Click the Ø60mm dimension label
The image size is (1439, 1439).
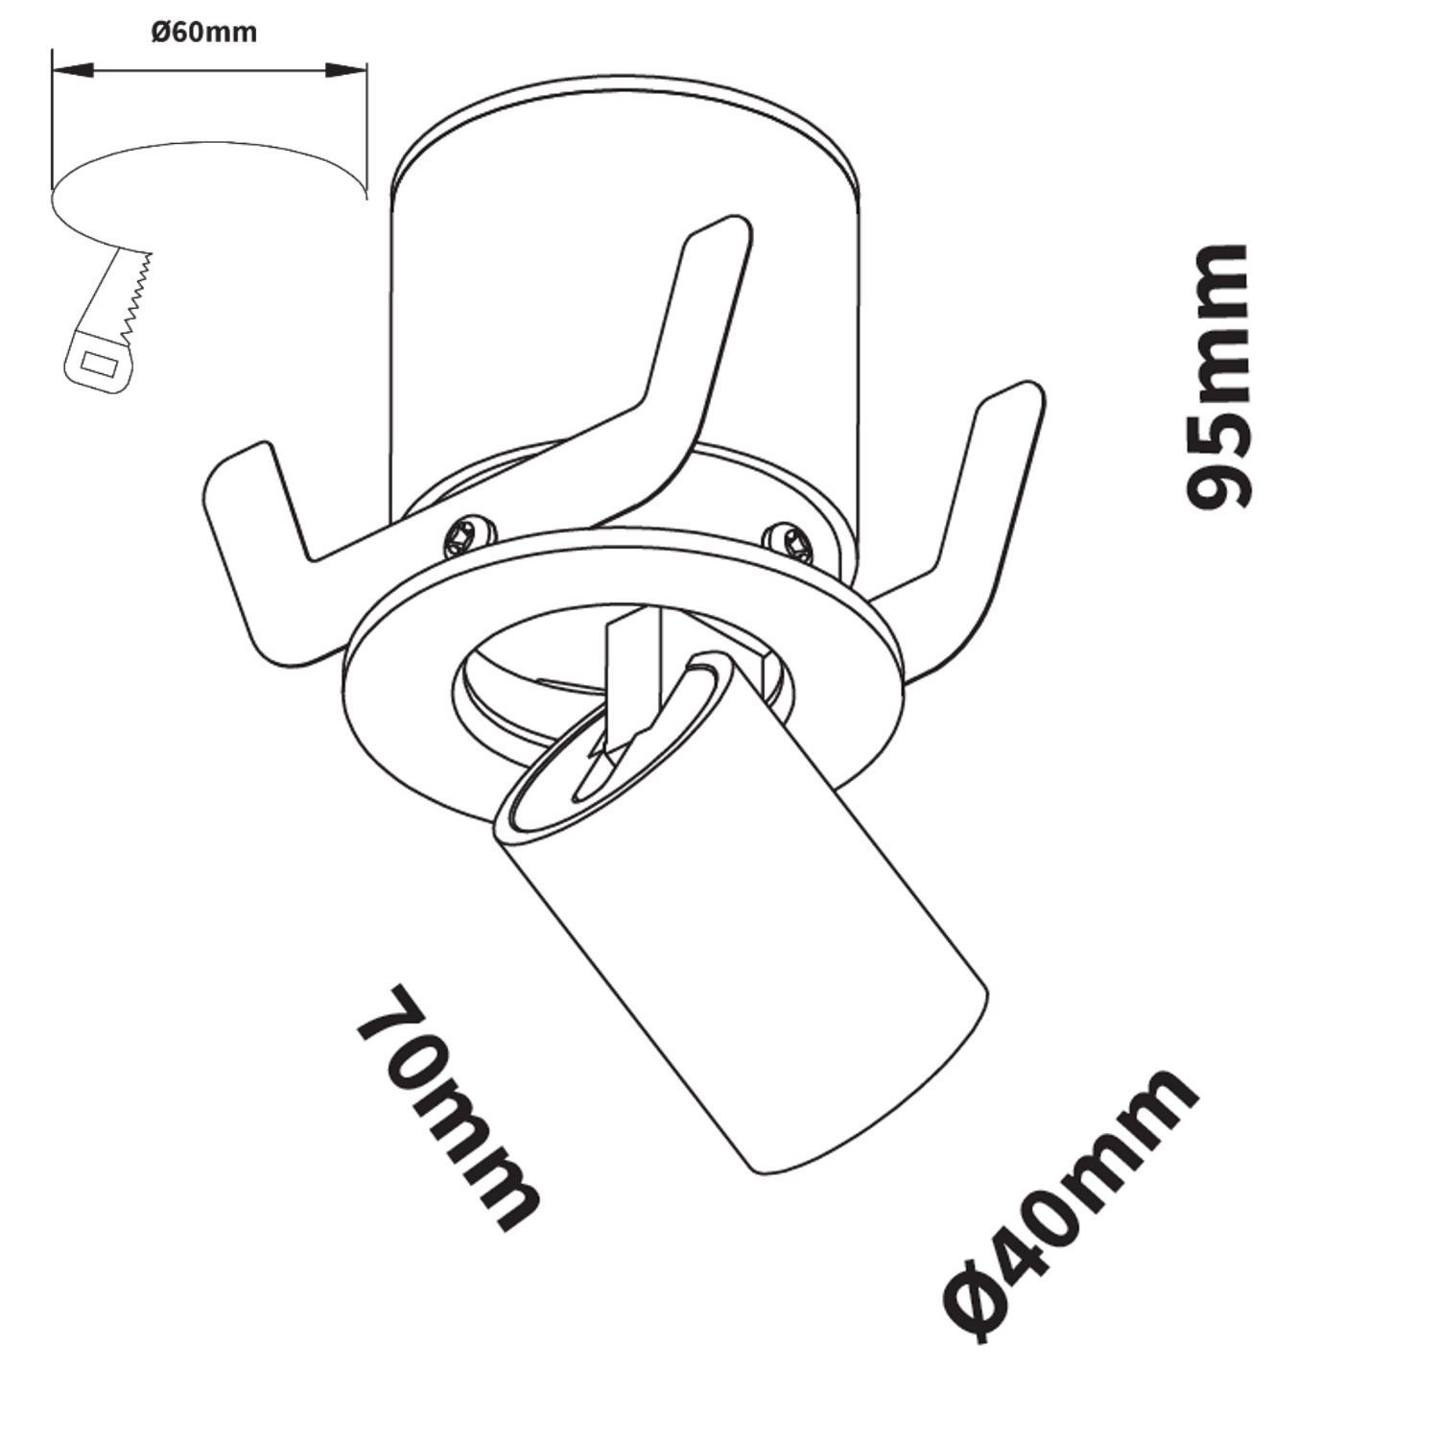(204, 33)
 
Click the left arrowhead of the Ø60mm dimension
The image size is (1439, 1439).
(73, 70)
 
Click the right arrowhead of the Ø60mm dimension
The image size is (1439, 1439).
(346, 70)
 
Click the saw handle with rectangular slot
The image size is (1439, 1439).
(96, 365)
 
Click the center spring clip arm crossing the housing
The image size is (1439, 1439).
(662, 384)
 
